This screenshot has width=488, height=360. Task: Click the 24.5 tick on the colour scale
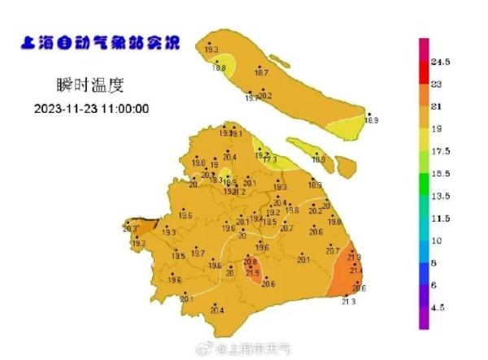(x=441, y=62)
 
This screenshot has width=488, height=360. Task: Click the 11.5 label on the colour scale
(x=441, y=219)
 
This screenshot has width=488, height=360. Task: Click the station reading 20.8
(x=251, y=262)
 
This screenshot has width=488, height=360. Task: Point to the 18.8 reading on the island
(x=219, y=68)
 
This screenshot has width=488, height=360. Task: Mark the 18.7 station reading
(x=262, y=73)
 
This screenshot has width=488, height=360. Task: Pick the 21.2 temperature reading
(x=239, y=193)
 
